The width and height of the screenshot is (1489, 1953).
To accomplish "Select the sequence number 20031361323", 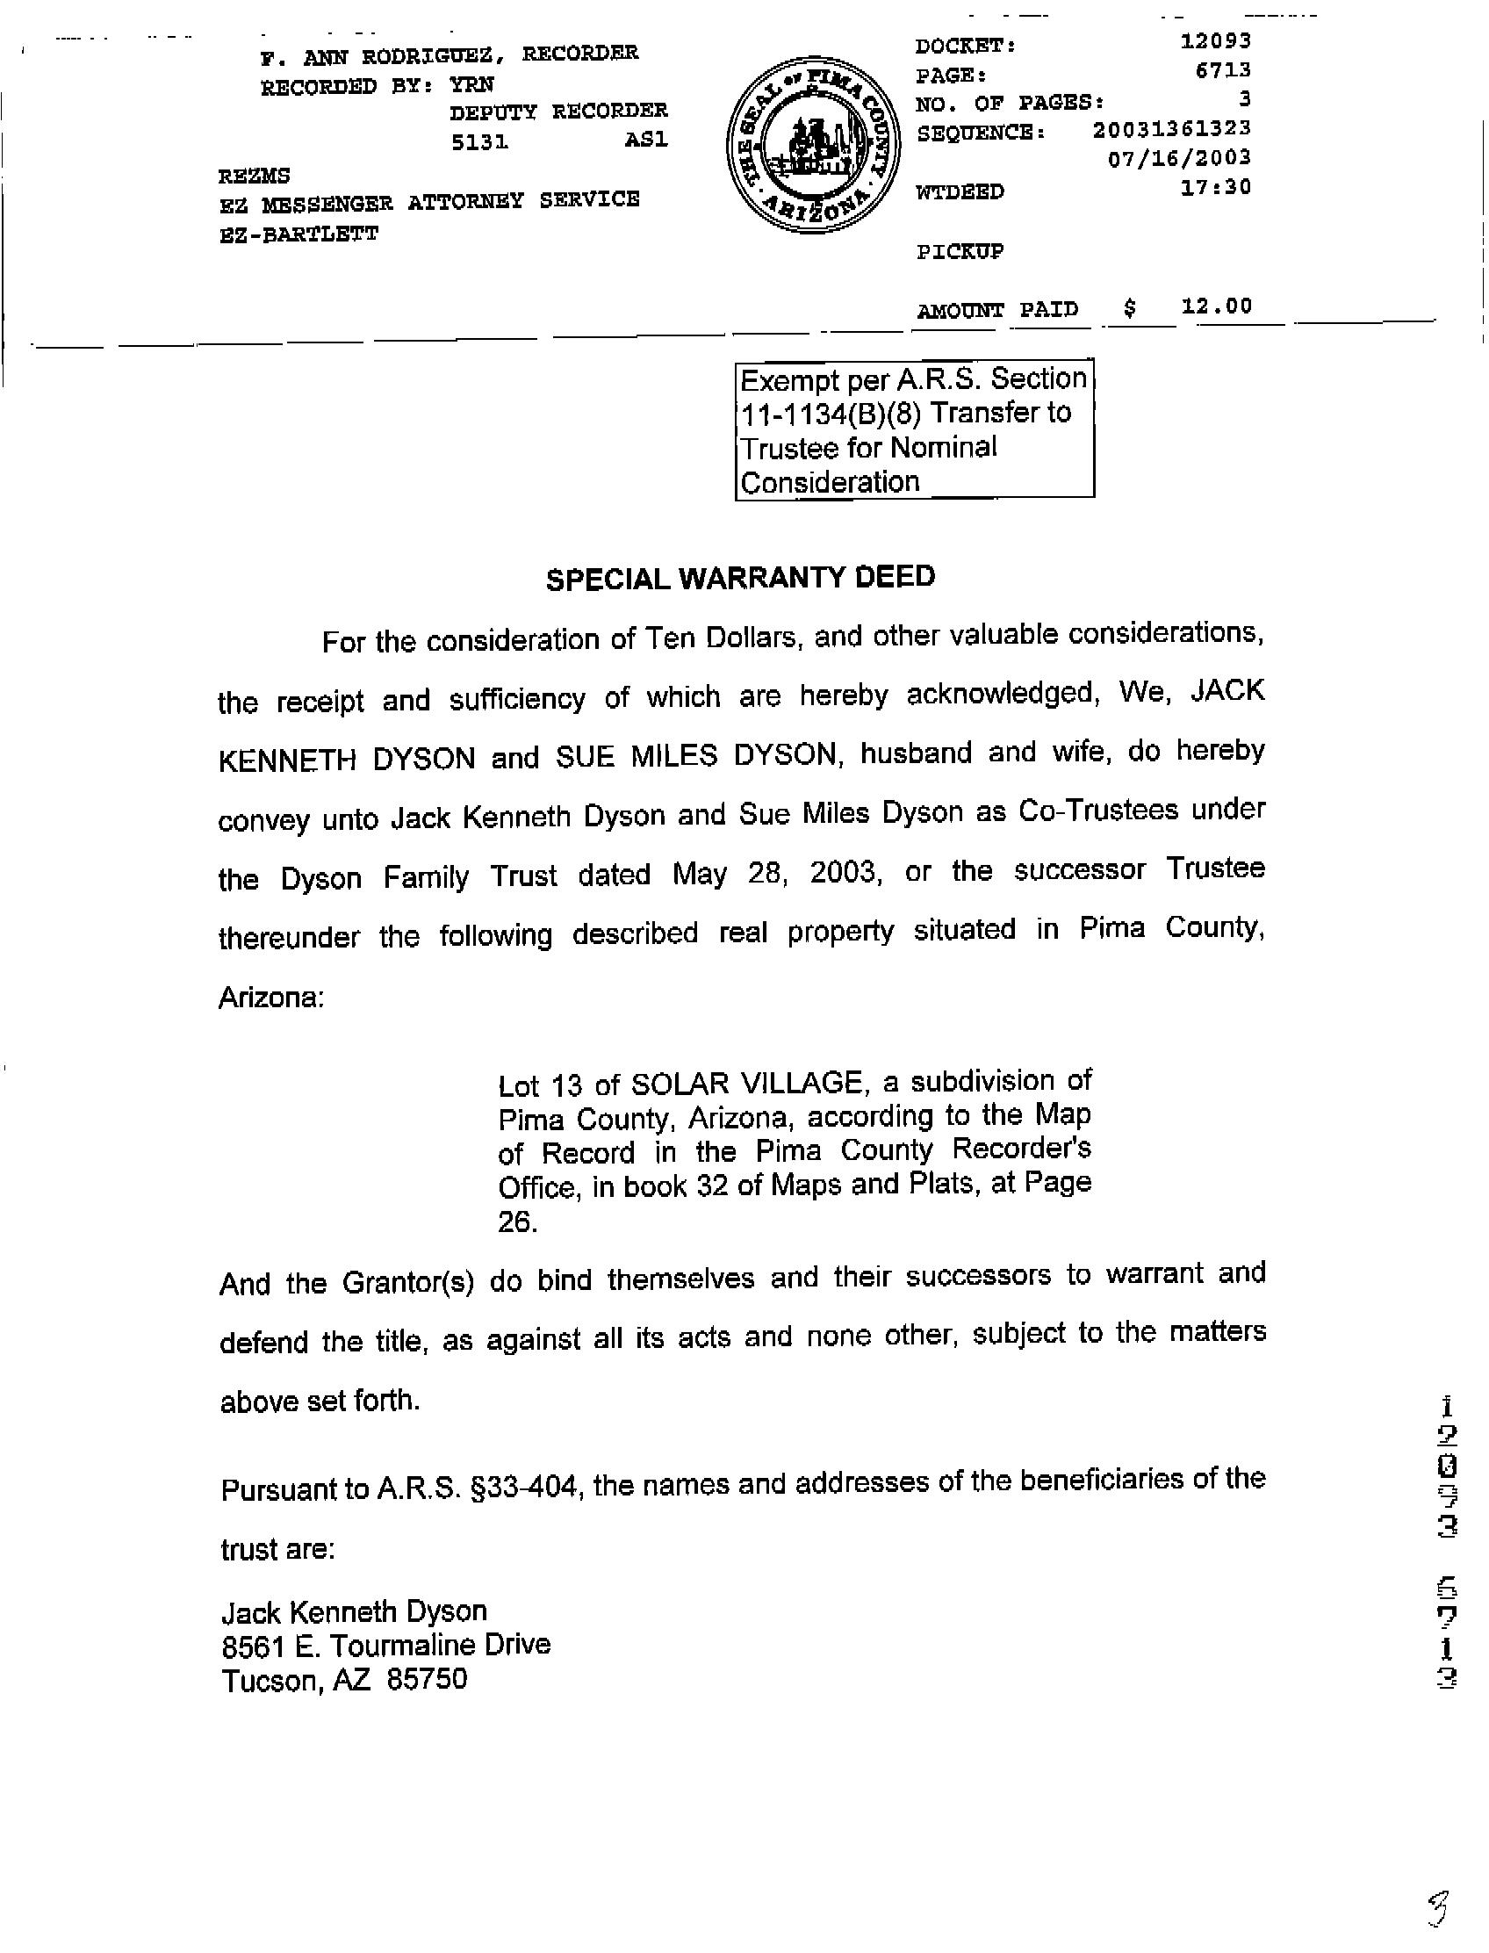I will click(x=1171, y=128).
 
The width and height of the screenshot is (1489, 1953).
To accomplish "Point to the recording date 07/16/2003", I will click(x=1179, y=158).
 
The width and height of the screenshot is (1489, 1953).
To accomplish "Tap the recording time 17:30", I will click(x=1215, y=187).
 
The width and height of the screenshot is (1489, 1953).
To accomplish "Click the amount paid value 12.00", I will click(x=1216, y=306).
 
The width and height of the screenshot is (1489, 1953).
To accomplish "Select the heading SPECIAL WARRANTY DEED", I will click(x=740, y=578).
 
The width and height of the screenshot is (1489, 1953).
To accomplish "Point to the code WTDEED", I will click(x=959, y=191).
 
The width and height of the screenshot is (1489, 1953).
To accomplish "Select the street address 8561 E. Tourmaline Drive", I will click(x=385, y=1646).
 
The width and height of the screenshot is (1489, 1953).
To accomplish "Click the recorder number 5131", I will click(x=479, y=142).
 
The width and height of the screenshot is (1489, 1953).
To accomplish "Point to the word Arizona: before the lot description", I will click(x=271, y=998).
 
